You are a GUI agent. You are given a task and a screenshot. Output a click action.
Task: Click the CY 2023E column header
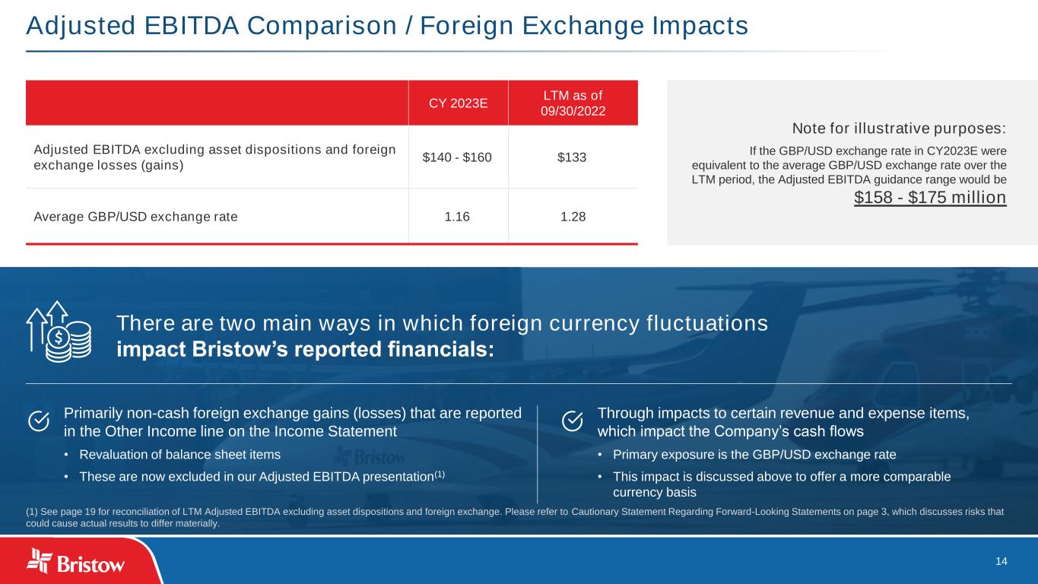tap(458, 103)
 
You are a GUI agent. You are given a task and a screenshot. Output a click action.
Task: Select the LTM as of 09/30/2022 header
tap(573, 103)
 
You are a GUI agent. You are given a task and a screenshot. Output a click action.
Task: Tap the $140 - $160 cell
tap(457, 157)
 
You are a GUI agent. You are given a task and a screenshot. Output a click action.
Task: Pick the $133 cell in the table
tap(572, 157)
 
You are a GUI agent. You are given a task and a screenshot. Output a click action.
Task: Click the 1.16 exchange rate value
tap(457, 217)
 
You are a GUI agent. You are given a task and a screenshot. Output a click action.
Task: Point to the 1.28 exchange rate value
tap(573, 217)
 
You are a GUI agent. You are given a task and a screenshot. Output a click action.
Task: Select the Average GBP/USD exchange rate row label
tap(135, 217)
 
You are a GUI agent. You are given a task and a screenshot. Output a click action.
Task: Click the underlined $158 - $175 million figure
tap(930, 198)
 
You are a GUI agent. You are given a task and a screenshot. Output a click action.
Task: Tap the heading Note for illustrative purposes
tap(899, 128)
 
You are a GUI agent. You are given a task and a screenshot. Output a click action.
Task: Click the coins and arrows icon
tap(59, 332)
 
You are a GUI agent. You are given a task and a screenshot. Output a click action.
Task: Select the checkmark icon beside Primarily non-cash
tap(39, 421)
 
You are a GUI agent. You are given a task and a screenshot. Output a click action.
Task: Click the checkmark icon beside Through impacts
tap(573, 421)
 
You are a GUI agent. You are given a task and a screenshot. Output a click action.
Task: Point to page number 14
tap(1001, 561)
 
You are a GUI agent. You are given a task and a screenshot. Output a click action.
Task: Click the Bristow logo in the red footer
tap(75, 561)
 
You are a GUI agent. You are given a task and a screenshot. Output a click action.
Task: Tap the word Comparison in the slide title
tap(322, 26)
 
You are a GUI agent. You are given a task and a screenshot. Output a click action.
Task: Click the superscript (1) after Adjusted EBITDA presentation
tap(440, 474)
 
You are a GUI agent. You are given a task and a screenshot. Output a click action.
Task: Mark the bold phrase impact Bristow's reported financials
tap(306, 350)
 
